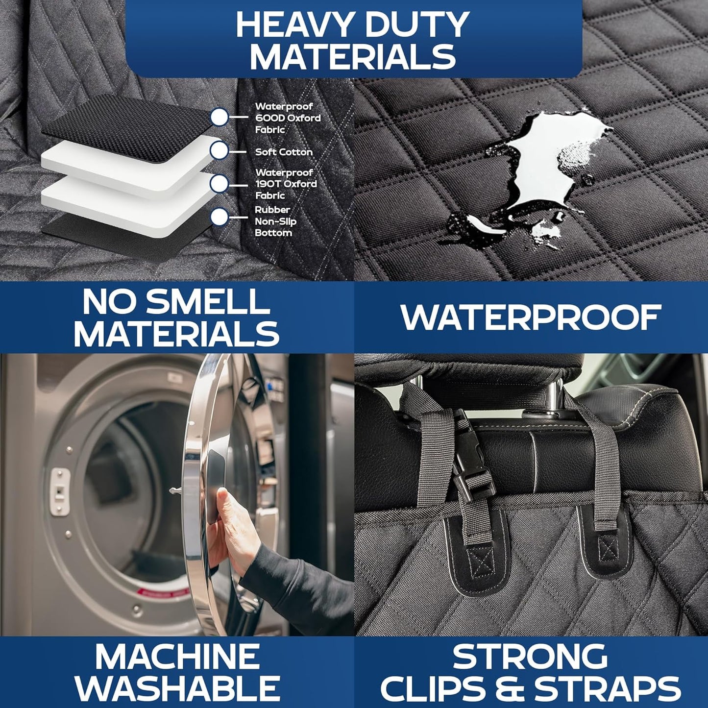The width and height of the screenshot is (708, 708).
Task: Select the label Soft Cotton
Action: (x=284, y=152)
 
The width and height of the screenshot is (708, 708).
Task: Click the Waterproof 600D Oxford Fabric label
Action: (x=287, y=118)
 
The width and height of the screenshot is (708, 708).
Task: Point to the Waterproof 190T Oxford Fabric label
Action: (x=286, y=184)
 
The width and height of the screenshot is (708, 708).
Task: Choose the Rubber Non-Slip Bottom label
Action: (x=275, y=221)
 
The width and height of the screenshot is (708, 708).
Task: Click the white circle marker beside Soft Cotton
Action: (x=220, y=150)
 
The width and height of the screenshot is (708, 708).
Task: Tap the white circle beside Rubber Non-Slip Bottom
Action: (x=220, y=217)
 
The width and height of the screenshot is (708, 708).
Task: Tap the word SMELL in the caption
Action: (x=208, y=302)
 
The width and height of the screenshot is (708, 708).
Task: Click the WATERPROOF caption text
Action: (x=531, y=317)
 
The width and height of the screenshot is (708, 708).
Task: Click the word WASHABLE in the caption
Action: (x=177, y=688)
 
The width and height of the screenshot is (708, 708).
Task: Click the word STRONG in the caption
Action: (x=530, y=657)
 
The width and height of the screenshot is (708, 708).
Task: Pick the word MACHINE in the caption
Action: (x=177, y=657)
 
